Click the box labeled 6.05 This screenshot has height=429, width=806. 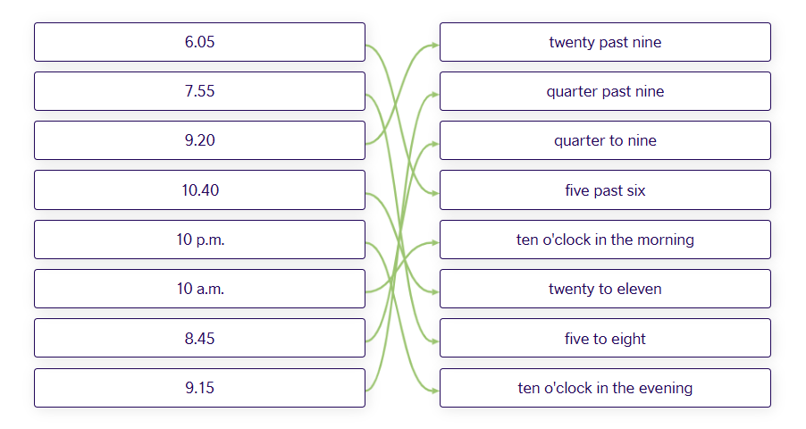(x=199, y=42)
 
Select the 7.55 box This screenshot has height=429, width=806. (x=199, y=91)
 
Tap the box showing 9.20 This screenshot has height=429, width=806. (x=199, y=140)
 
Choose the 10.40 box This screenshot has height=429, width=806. (x=199, y=189)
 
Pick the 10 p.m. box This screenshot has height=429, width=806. (x=199, y=240)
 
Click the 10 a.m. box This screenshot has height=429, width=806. (x=199, y=289)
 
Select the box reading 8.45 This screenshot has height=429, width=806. (x=199, y=338)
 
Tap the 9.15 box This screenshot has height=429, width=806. (x=199, y=388)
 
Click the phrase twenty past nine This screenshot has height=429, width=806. (x=605, y=42)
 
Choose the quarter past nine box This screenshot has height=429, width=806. (x=605, y=91)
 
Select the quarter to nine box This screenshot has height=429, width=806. (x=605, y=140)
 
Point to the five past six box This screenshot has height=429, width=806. (x=605, y=189)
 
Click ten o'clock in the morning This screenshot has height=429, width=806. (x=605, y=240)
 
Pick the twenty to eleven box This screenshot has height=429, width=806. (x=605, y=289)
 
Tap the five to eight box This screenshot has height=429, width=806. (x=605, y=338)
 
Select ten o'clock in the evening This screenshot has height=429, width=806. (x=605, y=388)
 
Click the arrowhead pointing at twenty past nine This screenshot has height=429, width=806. (x=435, y=46)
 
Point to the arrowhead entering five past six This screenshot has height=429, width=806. (x=435, y=193)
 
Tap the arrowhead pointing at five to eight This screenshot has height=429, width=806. (x=435, y=341)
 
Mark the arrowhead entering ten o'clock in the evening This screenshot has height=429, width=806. (x=435, y=391)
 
